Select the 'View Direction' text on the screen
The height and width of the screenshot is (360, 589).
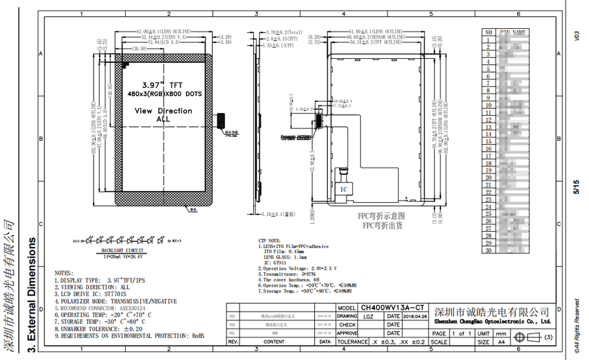coord(163,111)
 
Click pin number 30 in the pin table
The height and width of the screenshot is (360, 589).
coord(488,249)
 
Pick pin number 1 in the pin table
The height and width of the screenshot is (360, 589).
coord(488,39)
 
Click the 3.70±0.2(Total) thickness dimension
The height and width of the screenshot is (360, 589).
coord(285,31)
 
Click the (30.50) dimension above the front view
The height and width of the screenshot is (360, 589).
coord(139,49)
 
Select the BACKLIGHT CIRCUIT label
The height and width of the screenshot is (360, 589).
coord(122,251)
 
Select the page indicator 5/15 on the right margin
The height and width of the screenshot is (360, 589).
coord(577,189)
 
